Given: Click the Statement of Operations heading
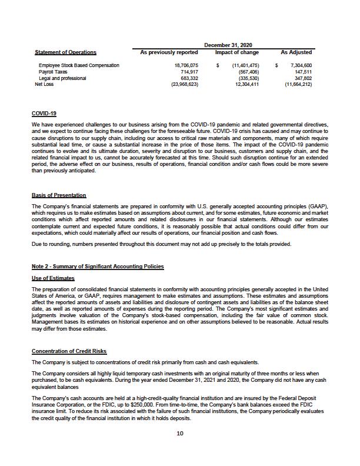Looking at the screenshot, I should [65, 52].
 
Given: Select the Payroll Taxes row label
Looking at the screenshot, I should [52, 72].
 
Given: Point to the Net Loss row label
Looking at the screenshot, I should [44, 84].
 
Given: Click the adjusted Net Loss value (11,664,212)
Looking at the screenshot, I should [298, 84].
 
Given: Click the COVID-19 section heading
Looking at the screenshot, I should [44, 113].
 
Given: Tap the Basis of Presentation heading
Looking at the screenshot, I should [59, 195].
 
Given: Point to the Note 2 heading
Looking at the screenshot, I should [98, 267].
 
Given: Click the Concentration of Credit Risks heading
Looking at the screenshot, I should [69, 351].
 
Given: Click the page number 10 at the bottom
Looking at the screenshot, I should [180, 434].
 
